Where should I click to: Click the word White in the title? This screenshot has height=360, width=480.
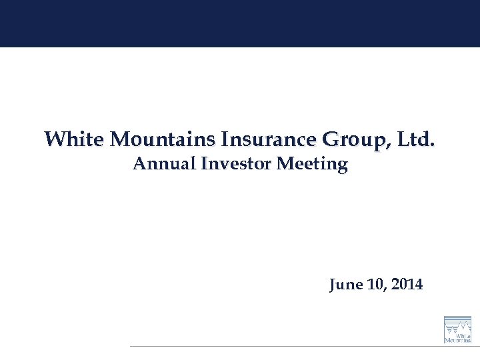tap(74, 139)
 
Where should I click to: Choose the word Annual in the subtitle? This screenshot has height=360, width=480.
tap(159, 163)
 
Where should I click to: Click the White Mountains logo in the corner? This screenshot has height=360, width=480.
tap(457, 329)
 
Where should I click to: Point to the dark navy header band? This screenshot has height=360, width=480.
tap(240, 23)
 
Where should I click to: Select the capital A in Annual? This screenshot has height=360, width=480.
tap(139, 163)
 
